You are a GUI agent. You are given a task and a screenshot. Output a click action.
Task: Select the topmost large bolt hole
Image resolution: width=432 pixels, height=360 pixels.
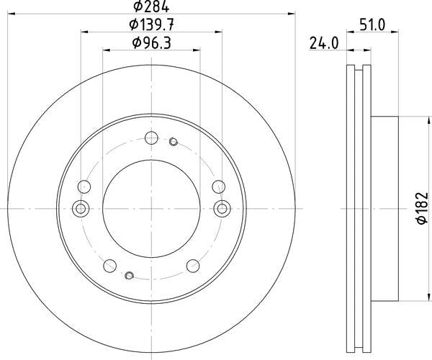click(x=150, y=139)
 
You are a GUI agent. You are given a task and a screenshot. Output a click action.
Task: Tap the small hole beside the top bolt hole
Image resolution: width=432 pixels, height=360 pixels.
click(x=173, y=142)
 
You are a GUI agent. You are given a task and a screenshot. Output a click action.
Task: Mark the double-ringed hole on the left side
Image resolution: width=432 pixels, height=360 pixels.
click(x=81, y=209)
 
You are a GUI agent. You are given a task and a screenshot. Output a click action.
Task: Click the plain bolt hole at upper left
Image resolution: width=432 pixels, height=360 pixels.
click(x=84, y=187)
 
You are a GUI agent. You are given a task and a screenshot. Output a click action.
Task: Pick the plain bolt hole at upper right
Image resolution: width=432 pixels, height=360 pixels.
click(x=217, y=187)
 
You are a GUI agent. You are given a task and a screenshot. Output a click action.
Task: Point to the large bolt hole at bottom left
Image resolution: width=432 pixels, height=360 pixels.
click(x=111, y=265)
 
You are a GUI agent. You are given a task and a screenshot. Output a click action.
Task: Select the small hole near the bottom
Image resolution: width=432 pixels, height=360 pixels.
click(x=129, y=275)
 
